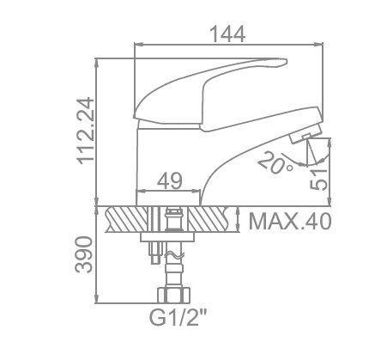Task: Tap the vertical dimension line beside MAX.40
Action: [x=239, y=221]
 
